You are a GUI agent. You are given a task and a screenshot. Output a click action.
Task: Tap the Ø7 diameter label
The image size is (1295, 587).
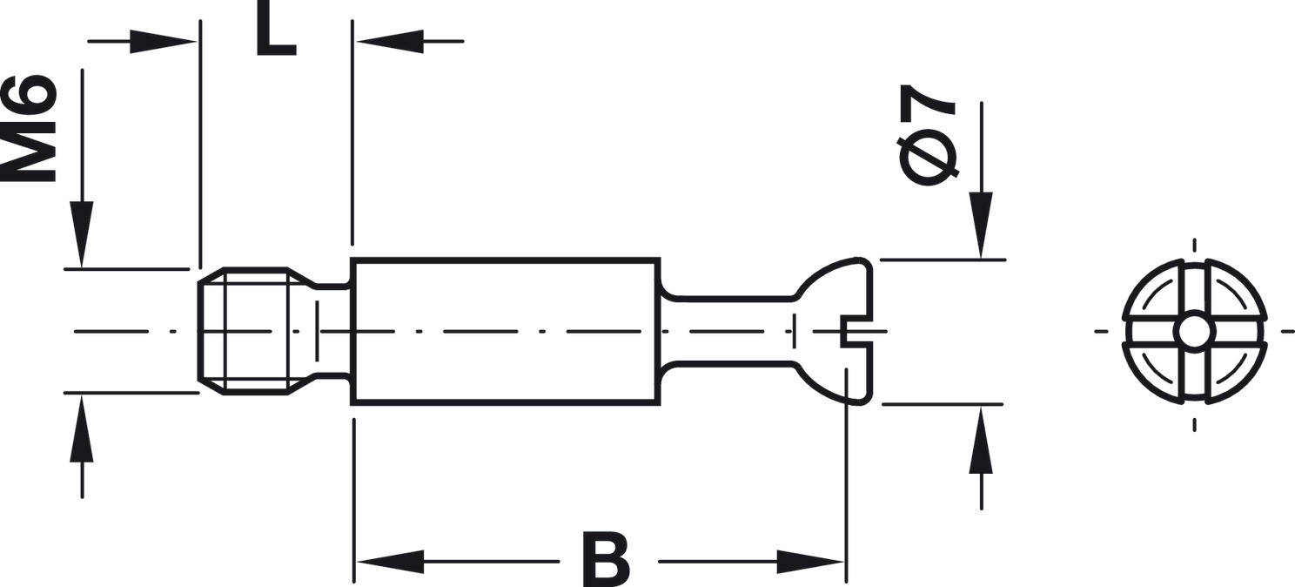point(928,135)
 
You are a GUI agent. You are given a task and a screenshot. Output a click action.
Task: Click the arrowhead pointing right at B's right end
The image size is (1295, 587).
point(810,561)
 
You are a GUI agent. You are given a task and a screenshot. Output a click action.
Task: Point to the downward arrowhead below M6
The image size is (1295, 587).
point(82,233)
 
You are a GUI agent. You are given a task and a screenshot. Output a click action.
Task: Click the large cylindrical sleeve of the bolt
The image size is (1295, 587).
point(505,331)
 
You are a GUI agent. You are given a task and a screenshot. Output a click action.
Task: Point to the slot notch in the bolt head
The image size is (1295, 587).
point(856,331)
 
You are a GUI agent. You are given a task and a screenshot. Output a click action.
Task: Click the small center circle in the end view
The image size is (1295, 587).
point(1193,331)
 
